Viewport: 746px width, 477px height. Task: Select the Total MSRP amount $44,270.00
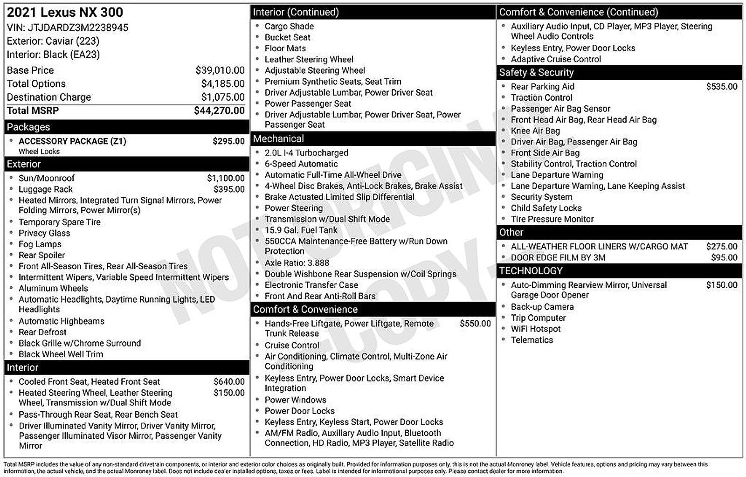219,111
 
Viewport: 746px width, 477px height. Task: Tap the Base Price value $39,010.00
220,70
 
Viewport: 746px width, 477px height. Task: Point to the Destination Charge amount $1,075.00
222,97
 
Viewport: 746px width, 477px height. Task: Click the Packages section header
28,127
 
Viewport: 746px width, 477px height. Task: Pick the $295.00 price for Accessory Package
228,141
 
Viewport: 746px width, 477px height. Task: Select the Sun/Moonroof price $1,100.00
226,178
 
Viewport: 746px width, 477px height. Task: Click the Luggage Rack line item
46,189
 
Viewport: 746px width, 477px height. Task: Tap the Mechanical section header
278,138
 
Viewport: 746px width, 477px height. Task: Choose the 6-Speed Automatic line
301,164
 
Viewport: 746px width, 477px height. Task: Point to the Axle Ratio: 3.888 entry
297,263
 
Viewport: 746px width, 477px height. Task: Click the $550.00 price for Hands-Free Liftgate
475,323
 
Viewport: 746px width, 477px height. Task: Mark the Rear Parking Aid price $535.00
721,86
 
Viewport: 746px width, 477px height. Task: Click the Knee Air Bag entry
535,131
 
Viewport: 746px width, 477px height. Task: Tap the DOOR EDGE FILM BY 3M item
558,257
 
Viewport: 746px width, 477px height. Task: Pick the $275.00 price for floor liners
721,246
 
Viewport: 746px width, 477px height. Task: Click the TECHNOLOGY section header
531,270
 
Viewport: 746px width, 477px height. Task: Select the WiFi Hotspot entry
536,329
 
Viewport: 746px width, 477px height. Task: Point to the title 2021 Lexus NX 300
65,13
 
